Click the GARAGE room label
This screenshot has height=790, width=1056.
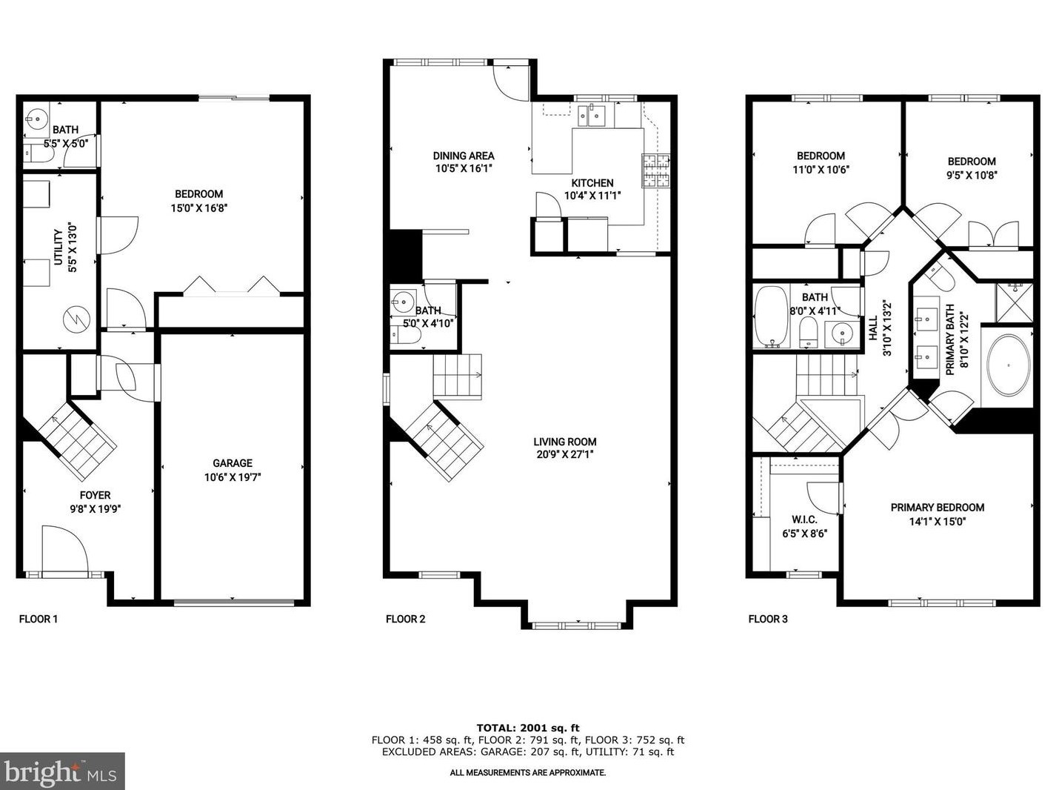pos(233,463)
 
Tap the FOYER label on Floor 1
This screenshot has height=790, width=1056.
pos(95,495)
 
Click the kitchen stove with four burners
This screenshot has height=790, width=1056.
pos(655,170)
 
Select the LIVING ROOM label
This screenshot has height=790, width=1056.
pos(567,442)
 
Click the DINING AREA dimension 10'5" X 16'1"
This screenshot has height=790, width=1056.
pos(464,168)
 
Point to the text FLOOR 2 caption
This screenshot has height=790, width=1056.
pos(406,619)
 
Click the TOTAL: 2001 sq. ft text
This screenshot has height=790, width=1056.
pos(527,728)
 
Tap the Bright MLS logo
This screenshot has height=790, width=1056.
pos(61,772)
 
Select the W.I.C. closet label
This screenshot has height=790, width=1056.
pos(804,520)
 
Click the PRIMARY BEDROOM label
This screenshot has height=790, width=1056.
pos(937,508)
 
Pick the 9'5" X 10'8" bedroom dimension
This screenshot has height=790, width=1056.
pos(972,175)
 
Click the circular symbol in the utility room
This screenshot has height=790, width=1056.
pos(77,319)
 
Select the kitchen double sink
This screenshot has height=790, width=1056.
pos(592,116)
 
